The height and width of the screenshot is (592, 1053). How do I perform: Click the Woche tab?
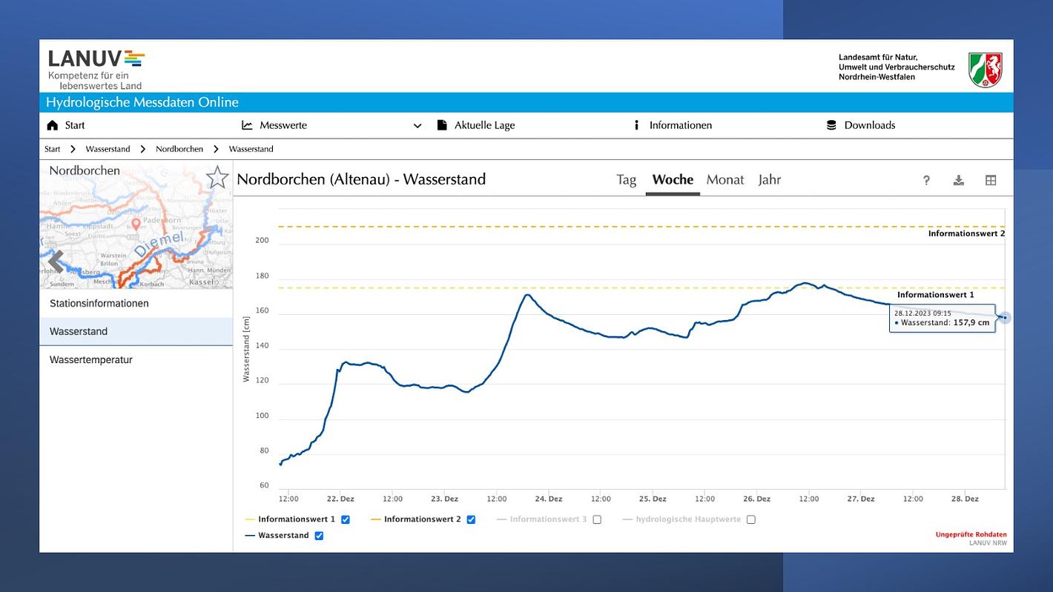[673, 180]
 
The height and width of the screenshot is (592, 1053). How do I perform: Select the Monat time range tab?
[724, 180]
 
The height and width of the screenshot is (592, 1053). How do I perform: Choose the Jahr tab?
[769, 180]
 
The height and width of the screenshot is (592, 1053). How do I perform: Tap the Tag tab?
[626, 180]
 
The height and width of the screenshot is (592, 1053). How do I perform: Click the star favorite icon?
[217, 178]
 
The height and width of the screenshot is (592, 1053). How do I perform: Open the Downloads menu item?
[869, 125]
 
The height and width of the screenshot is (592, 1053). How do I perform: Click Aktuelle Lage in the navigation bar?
[484, 125]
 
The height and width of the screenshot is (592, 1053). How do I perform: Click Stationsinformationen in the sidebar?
[99, 304]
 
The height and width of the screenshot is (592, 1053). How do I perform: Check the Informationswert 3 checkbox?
[597, 519]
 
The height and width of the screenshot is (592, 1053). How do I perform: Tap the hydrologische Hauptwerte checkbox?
[751, 519]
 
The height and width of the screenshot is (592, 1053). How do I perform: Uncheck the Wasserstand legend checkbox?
[319, 536]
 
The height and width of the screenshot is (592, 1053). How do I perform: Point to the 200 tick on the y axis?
[262, 241]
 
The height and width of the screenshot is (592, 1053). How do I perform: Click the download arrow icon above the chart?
[958, 180]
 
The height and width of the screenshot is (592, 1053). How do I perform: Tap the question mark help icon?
[926, 180]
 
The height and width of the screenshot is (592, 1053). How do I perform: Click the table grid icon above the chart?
[991, 180]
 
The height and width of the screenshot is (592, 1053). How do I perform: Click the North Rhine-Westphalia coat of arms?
[986, 70]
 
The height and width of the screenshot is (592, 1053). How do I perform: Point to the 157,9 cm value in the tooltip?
[971, 323]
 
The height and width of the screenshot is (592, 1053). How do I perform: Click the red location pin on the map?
[136, 223]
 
